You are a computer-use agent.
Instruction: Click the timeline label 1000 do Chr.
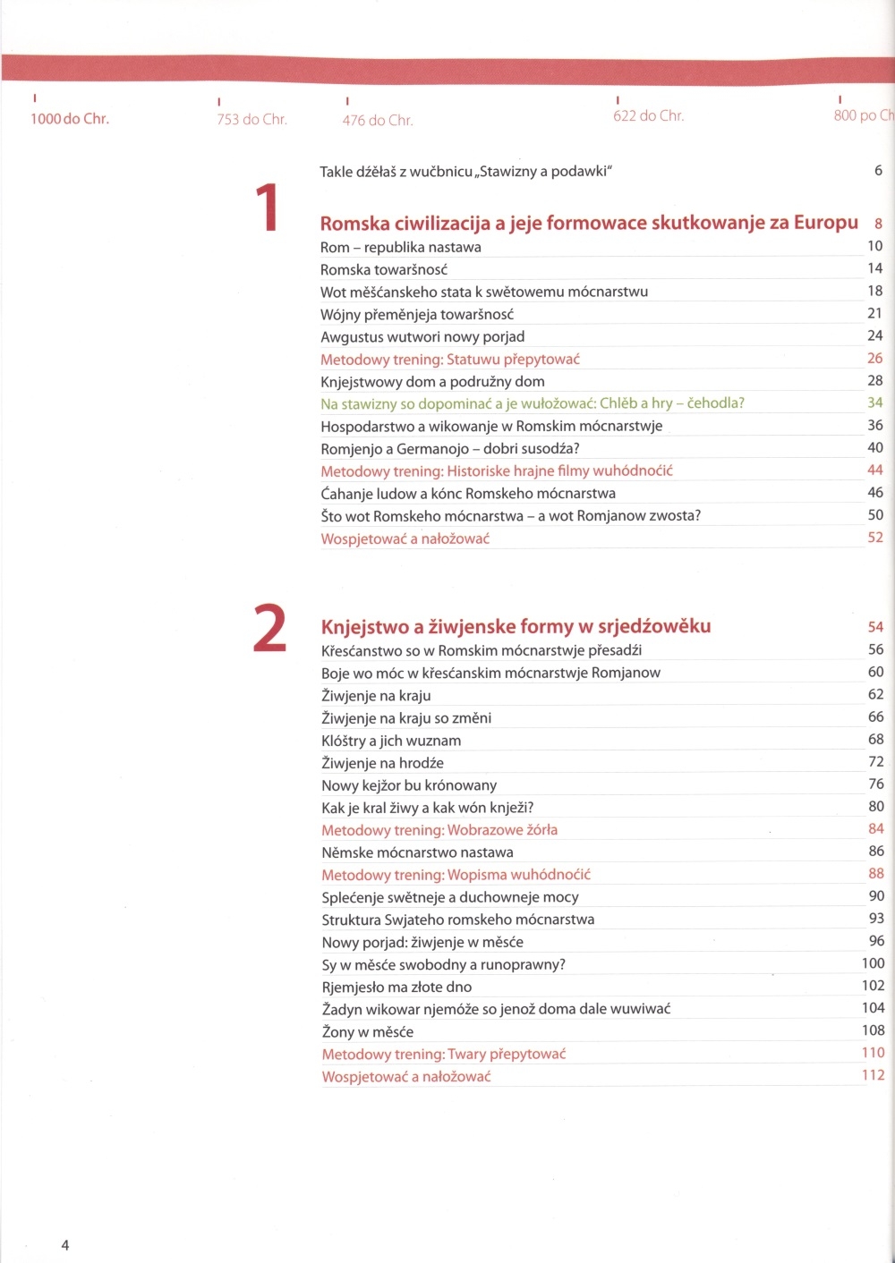[x=70, y=118]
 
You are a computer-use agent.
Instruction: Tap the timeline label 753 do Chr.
[x=251, y=119]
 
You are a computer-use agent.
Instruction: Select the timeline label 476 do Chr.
[x=378, y=120]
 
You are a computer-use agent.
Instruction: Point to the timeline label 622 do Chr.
[x=649, y=115]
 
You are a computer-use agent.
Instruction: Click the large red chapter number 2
[x=269, y=628]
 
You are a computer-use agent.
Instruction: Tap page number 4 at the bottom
[x=65, y=1244]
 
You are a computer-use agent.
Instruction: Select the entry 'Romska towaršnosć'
[x=384, y=269]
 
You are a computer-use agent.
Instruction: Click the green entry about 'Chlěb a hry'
[x=533, y=403]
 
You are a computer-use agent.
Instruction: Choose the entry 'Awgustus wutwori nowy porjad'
[x=422, y=336]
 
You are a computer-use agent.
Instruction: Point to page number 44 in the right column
[x=875, y=470]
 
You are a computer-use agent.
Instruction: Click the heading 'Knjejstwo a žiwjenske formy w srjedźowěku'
[x=516, y=626]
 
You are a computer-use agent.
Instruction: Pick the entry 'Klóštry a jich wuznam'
[x=391, y=741]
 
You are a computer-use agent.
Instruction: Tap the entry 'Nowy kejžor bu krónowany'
[x=409, y=785]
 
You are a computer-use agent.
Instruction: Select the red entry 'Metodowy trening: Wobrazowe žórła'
[x=439, y=830]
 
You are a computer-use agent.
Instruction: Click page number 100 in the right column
[x=873, y=963]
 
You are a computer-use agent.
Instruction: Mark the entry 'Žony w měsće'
[x=367, y=1031]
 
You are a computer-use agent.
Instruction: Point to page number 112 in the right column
[x=873, y=1075]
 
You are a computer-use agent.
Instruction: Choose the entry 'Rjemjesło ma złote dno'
[x=396, y=987]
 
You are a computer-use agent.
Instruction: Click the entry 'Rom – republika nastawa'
[x=401, y=247]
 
